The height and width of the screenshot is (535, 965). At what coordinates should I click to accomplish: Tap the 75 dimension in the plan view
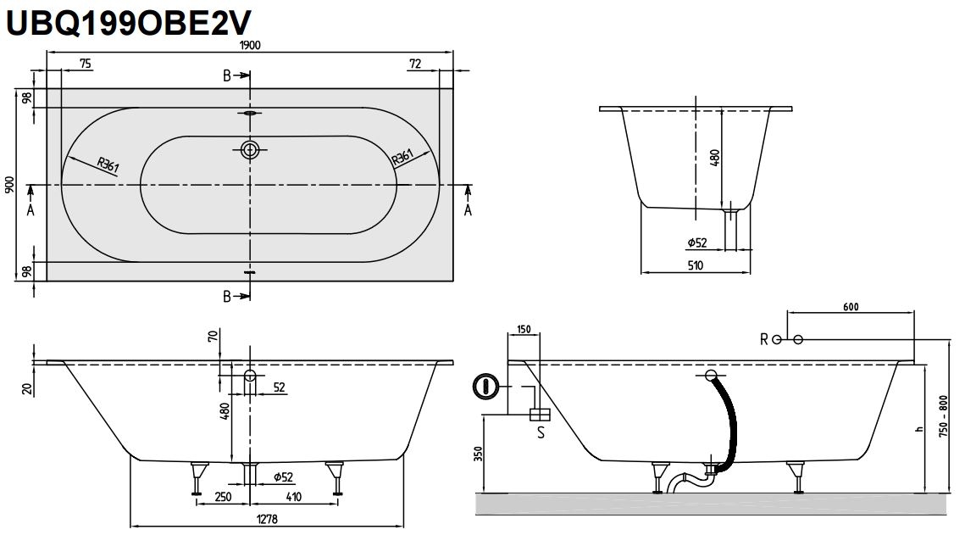[86, 64]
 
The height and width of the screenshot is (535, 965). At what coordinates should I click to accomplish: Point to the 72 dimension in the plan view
[416, 64]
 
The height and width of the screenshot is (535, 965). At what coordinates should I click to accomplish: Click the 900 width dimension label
[10, 185]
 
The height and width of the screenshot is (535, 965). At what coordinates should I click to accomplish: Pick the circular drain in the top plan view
[249, 150]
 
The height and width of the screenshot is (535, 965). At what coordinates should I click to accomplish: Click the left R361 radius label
[108, 165]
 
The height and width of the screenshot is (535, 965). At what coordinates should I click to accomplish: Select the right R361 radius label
[401, 158]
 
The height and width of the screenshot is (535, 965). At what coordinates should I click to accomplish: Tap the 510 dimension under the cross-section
[696, 265]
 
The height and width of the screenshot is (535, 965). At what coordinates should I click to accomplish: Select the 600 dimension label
[852, 307]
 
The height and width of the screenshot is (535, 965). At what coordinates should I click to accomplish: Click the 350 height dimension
[479, 454]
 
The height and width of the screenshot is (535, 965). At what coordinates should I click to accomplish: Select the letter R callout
[763, 340]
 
